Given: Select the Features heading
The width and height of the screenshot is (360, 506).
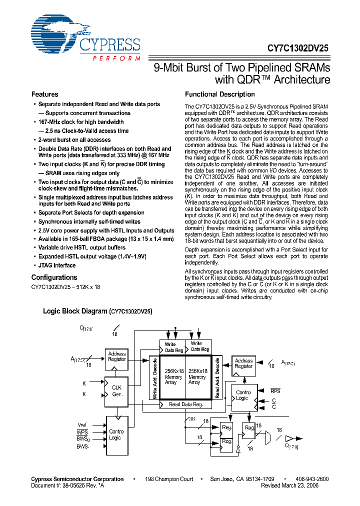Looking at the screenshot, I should (x=44, y=94).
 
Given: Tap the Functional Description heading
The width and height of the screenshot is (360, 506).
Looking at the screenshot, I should (x=219, y=94).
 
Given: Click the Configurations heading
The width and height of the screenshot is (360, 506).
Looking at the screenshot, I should (x=54, y=277).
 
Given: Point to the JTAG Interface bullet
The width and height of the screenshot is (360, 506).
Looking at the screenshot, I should (x=57, y=265).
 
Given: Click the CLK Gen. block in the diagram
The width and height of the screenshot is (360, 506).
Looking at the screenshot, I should (x=116, y=390).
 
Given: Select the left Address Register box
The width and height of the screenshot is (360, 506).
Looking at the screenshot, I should (x=117, y=356).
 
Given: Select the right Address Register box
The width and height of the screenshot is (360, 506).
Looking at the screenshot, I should (x=243, y=363).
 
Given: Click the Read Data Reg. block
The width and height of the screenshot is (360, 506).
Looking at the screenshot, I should (x=185, y=404).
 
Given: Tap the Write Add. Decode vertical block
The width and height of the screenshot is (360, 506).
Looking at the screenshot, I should (x=155, y=378).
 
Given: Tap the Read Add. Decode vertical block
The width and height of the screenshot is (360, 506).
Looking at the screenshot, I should (x=217, y=378).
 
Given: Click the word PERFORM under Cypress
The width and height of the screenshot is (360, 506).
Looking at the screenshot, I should (x=116, y=58).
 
